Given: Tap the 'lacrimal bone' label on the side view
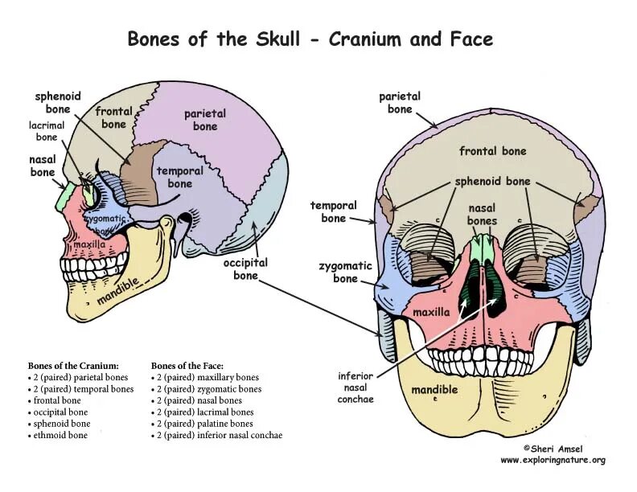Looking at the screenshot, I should click(43, 131).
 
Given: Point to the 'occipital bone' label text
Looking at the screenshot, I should click(245, 269).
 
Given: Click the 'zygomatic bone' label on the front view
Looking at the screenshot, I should click(345, 272).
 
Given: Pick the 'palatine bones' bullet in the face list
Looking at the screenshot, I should click(204, 424).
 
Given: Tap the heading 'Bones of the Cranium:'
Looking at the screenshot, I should click(73, 365).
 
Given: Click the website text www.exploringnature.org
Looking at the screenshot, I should click(553, 461).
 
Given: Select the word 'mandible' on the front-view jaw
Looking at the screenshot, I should click(434, 390).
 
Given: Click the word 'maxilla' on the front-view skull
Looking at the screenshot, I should click(431, 310).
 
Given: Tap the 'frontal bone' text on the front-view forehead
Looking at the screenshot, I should click(492, 150).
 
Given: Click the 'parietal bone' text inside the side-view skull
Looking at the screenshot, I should click(205, 120).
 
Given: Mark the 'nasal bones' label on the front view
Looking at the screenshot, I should click(483, 215).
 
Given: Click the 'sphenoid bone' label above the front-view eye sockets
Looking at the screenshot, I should click(492, 181).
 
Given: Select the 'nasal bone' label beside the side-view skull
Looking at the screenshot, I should click(43, 166).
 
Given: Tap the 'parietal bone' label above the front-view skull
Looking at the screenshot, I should click(400, 103).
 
